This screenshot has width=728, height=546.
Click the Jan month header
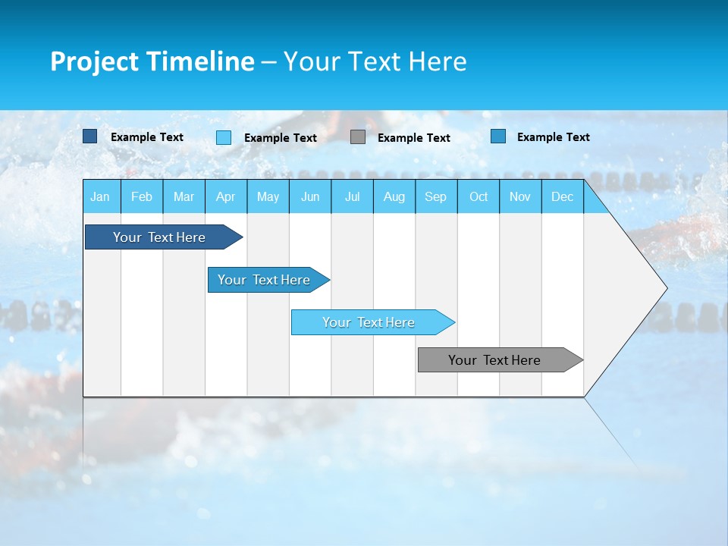click(100, 196)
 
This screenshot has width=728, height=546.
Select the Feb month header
click(142, 196)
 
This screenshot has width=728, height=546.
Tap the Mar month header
click(184, 196)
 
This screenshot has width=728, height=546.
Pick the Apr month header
click(225, 196)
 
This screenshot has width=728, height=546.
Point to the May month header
click(268, 196)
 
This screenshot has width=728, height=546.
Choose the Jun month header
click(310, 196)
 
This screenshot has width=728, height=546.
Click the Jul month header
click(352, 196)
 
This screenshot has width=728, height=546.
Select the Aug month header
click(394, 196)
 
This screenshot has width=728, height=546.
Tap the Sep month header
click(436, 196)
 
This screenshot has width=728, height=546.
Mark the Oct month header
click(479, 196)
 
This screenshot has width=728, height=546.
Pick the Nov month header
click(520, 196)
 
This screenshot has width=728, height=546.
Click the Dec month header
click(563, 196)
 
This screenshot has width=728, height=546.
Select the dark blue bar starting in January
click(159, 237)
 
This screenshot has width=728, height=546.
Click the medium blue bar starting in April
click(264, 280)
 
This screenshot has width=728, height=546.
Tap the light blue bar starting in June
click(369, 322)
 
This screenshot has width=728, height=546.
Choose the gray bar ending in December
click(494, 360)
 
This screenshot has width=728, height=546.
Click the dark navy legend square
click(89, 136)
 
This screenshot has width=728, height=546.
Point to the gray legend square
click(358, 137)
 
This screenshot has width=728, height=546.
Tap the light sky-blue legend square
click(224, 137)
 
